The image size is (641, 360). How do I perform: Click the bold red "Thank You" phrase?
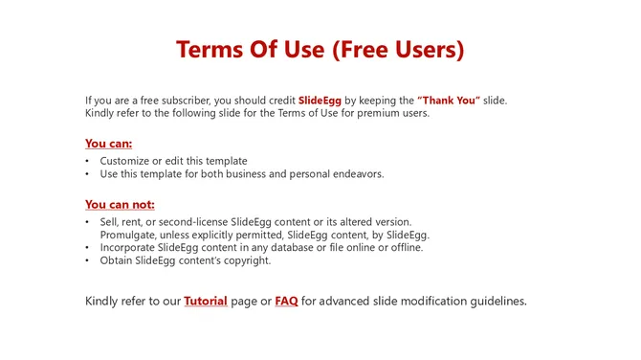point(449,101)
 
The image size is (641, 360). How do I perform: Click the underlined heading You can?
point(108,144)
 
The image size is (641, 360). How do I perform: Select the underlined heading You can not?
point(120,204)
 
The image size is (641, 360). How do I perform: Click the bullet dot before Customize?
point(88,161)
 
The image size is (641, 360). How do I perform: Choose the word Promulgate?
point(130,235)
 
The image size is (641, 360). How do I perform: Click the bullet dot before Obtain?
point(88,260)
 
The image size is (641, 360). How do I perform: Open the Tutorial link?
point(206,301)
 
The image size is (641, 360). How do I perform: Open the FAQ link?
point(286,301)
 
